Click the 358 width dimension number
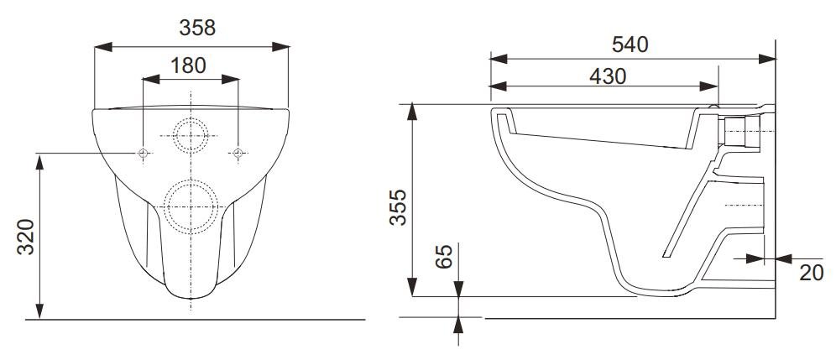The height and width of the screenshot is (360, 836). pyautogui.click(x=197, y=28)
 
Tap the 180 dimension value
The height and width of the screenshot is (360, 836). pyautogui.click(x=188, y=65)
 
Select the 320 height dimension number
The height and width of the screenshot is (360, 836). pyautogui.click(x=26, y=237)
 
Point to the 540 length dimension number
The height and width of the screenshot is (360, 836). pyautogui.click(x=630, y=44)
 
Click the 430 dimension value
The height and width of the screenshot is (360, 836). pyautogui.click(x=608, y=77)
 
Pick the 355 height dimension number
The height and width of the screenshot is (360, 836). pyautogui.click(x=398, y=207)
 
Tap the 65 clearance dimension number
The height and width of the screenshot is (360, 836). pyautogui.click(x=443, y=257)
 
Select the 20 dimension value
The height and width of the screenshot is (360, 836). pyautogui.click(x=812, y=273)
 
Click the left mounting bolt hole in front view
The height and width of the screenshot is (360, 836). pyautogui.click(x=143, y=154)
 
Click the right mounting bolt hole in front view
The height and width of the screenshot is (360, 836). pyautogui.click(x=238, y=154)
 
